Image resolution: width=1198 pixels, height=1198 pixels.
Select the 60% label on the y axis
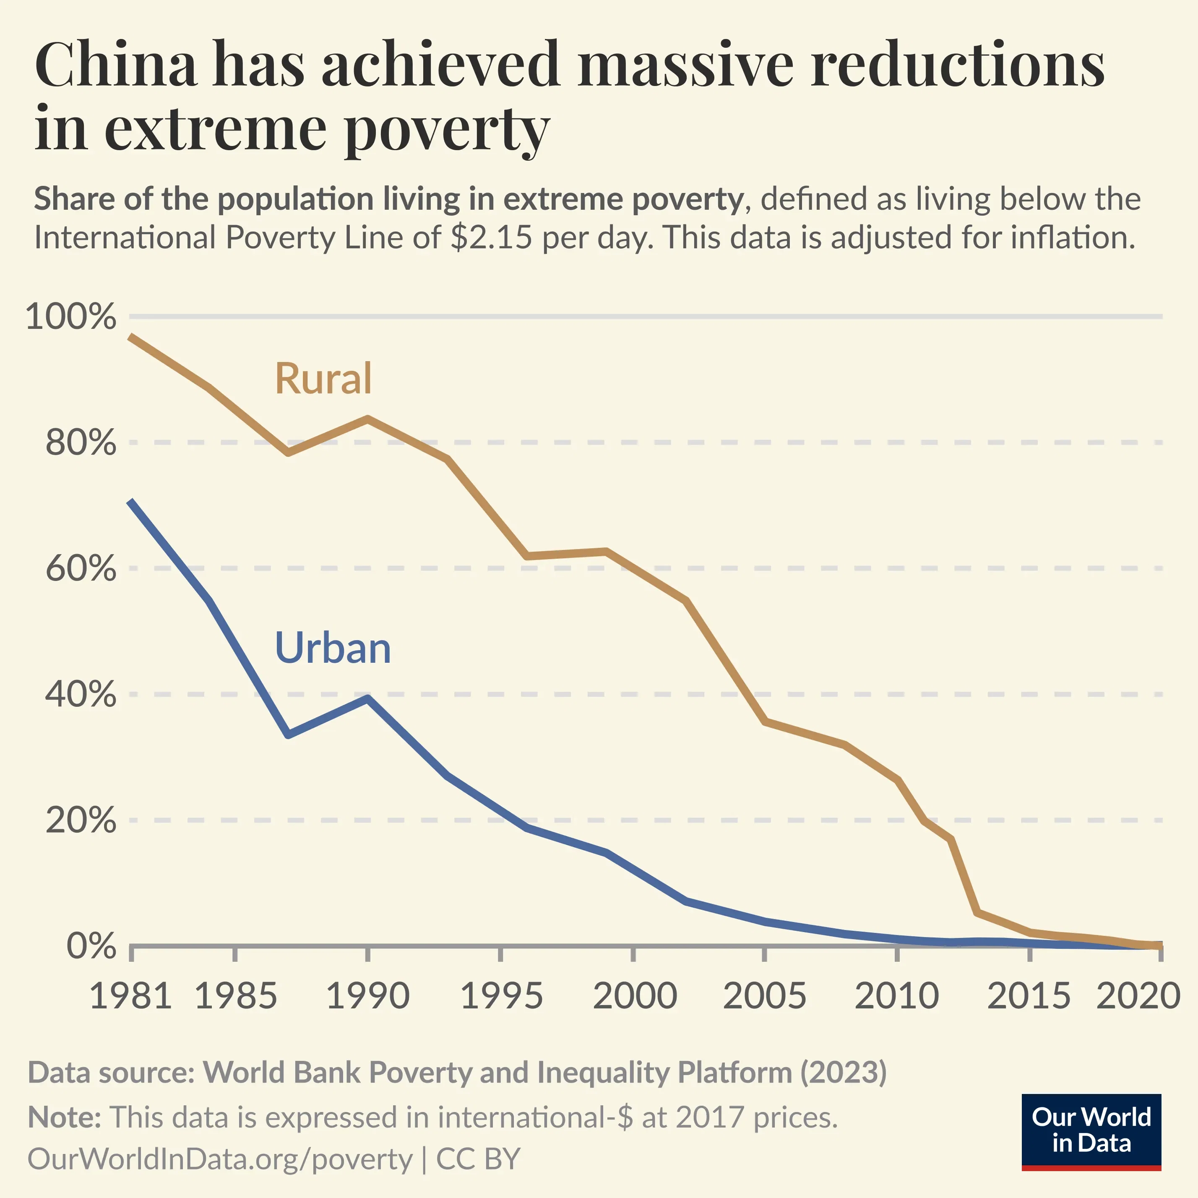pos(81,569)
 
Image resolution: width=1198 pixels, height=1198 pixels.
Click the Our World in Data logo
pos(1091,1132)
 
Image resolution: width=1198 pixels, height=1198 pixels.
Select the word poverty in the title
pos(446,129)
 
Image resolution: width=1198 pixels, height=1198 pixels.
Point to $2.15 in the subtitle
pos(491,237)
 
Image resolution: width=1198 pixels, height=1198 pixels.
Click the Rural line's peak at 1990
pos(368,419)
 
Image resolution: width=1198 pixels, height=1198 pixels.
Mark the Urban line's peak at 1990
pos(368,698)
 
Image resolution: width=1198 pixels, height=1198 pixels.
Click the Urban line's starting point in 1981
pos(131,501)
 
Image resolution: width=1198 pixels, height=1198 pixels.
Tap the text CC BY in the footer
pos(478,1159)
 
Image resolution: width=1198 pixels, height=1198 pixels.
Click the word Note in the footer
pos(64,1117)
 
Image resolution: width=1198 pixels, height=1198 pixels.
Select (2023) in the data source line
pos(843,1072)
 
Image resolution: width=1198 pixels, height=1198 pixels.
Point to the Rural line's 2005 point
pos(766,721)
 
